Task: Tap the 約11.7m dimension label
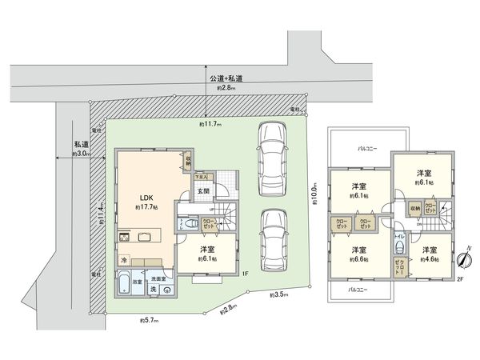210,125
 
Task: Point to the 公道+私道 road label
226,78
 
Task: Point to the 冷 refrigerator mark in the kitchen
125,260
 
